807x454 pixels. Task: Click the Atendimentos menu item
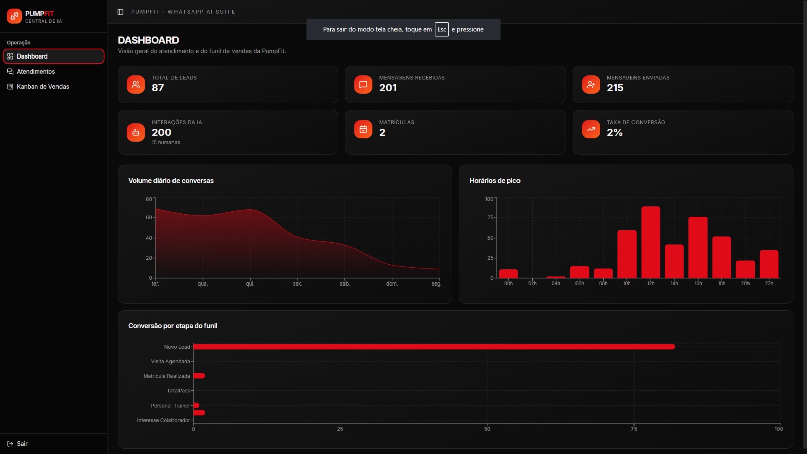click(36, 71)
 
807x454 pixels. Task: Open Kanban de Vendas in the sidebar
click(42, 86)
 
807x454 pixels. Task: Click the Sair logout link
click(17, 444)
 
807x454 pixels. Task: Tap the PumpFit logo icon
click(14, 16)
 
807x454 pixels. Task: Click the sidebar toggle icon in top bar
click(120, 12)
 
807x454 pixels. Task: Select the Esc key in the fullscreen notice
click(442, 30)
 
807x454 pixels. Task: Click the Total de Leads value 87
click(158, 88)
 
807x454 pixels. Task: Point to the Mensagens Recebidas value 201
click(388, 88)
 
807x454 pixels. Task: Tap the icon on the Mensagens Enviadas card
click(591, 84)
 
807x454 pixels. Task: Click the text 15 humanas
click(166, 143)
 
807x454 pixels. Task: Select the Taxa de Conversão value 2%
click(615, 133)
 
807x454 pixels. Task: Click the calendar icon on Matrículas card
click(363, 129)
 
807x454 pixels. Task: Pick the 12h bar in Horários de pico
click(651, 242)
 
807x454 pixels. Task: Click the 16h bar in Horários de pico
click(698, 248)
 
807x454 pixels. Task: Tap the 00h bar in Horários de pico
click(509, 274)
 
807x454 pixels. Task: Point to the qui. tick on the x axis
click(250, 284)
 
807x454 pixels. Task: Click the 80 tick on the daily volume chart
click(149, 199)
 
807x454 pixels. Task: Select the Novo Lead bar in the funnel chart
click(434, 347)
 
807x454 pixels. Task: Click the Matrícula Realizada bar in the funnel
click(199, 376)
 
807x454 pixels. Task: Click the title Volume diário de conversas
click(171, 181)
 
